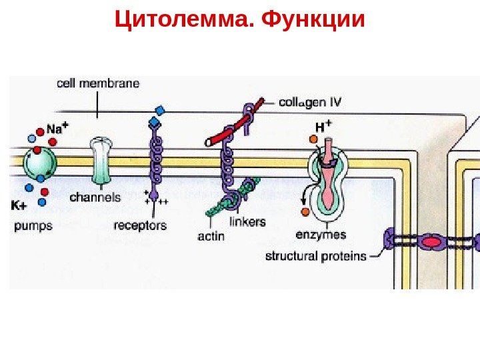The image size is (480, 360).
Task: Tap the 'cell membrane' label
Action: [98, 84]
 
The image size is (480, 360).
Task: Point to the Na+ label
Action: [54, 129]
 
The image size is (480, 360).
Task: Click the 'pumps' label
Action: [33, 225]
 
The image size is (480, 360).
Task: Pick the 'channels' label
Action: [95, 197]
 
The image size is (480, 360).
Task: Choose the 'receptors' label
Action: [140, 225]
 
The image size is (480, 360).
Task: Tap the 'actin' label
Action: [211, 236]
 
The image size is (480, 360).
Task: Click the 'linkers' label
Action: [247, 221]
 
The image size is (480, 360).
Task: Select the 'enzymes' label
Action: [321, 235]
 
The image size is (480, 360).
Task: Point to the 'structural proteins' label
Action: [316, 256]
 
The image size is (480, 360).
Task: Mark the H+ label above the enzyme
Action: [323, 126]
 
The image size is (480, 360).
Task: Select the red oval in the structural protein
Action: [433, 241]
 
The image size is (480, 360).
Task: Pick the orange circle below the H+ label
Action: [313, 139]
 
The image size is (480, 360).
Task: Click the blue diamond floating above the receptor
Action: [159, 110]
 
